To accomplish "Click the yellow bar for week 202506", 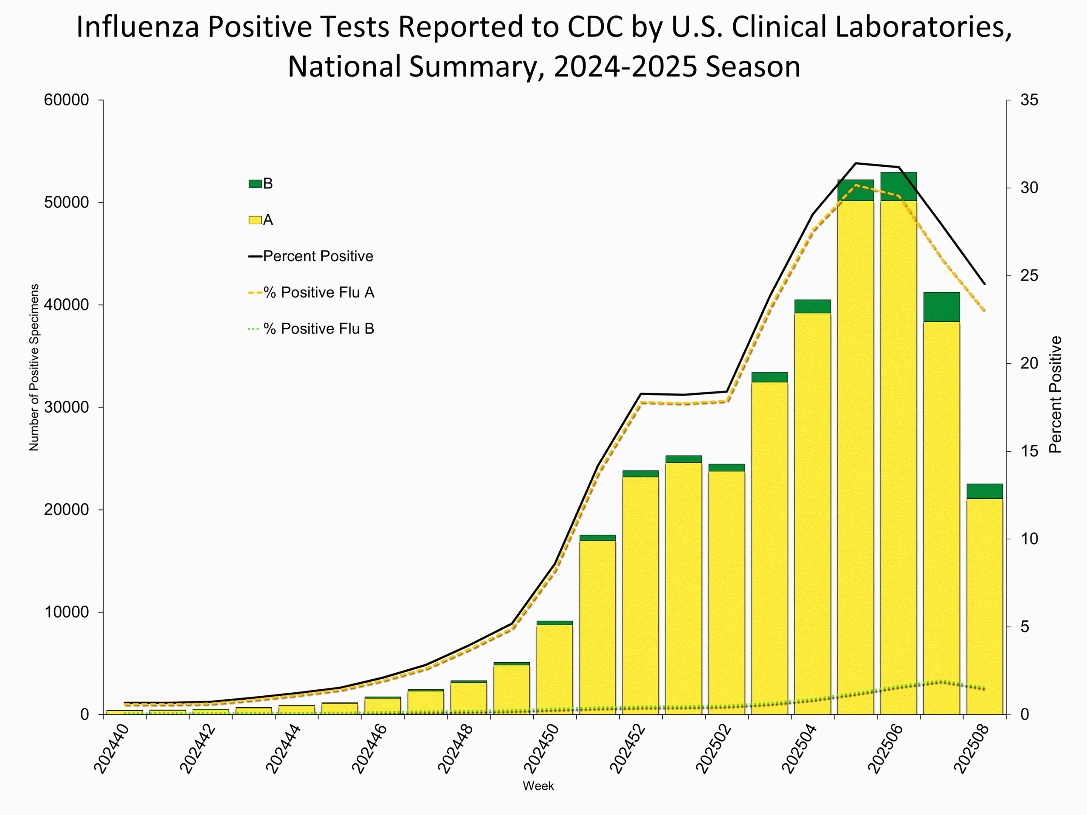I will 898,457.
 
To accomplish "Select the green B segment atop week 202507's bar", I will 941,307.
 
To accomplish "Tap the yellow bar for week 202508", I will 985,607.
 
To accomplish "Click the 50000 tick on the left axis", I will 66,202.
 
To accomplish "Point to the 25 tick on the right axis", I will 1029,275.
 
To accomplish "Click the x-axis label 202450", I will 541,749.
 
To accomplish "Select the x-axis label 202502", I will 713,749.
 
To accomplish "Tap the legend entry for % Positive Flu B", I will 318,329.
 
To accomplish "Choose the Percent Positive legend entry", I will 318,256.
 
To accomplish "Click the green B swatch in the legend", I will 255,184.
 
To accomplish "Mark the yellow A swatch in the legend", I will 255,219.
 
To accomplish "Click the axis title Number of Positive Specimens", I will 34,368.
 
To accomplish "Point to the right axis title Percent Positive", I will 1055,394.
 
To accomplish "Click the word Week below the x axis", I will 538,786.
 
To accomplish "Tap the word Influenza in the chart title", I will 137,27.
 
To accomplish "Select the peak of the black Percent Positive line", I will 856,163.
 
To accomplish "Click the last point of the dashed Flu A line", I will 985,310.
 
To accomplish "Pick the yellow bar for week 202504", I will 812,513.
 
